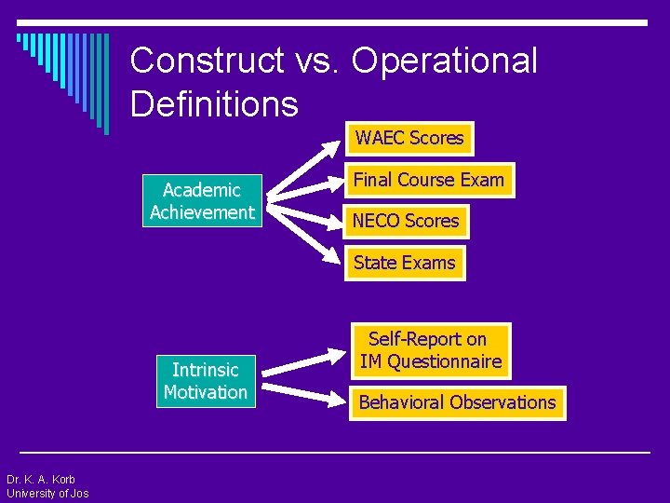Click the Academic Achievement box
[x=202, y=201]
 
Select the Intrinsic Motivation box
[x=206, y=381]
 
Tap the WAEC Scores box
[x=409, y=139]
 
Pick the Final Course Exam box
[x=428, y=180]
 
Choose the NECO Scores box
[x=406, y=222]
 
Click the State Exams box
[x=405, y=263]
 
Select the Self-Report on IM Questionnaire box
[x=431, y=351]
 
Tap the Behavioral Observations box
[x=457, y=402]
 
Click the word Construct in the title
[x=208, y=61]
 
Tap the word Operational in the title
[x=445, y=61]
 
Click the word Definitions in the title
[x=214, y=103]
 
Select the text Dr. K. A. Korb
[x=41, y=480]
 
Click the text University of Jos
[x=47, y=494]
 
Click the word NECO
[x=376, y=222]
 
